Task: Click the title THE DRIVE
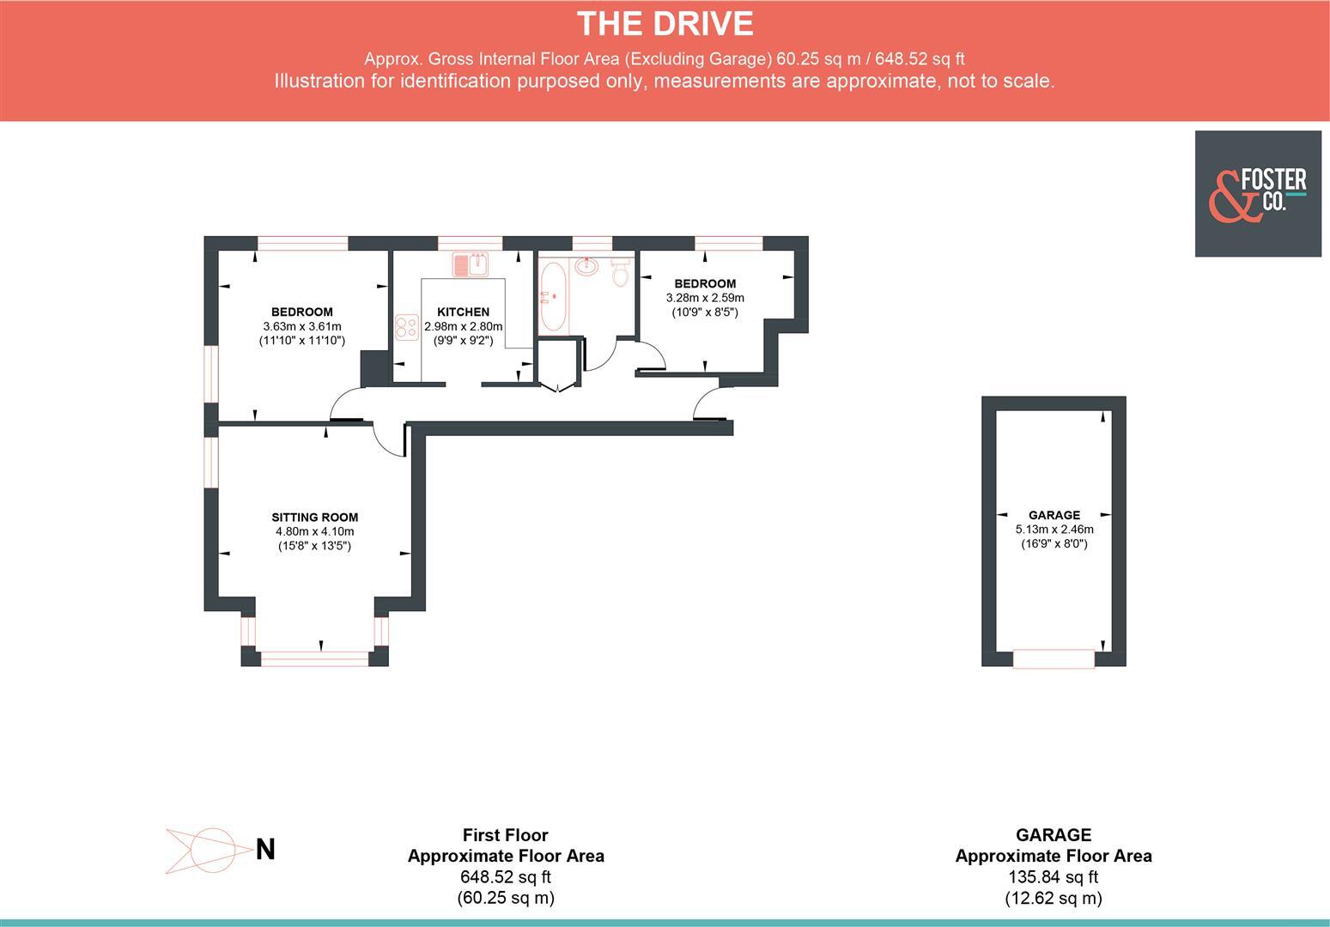coord(665,23)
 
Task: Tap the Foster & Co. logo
coord(1258,194)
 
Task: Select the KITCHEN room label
coord(463,312)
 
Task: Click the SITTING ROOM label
coord(314,517)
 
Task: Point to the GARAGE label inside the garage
coord(1054,515)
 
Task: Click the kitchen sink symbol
coord(470,264)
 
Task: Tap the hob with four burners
coord(406,327)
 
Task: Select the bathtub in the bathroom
coord(552,298)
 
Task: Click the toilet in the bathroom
coord(620,273)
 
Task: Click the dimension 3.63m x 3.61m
coord(301,326)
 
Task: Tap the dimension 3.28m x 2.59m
coord(705,298)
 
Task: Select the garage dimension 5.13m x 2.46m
coord(1054,530)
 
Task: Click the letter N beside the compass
coord(265,849)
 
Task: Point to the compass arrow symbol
coord(202,851)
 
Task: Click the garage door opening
coord(1054,659)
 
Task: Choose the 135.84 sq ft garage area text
coord(1054,877)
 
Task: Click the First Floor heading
coord(505,834)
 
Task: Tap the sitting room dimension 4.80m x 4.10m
coord(314,531)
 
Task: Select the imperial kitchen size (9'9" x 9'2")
coord(463,340)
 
